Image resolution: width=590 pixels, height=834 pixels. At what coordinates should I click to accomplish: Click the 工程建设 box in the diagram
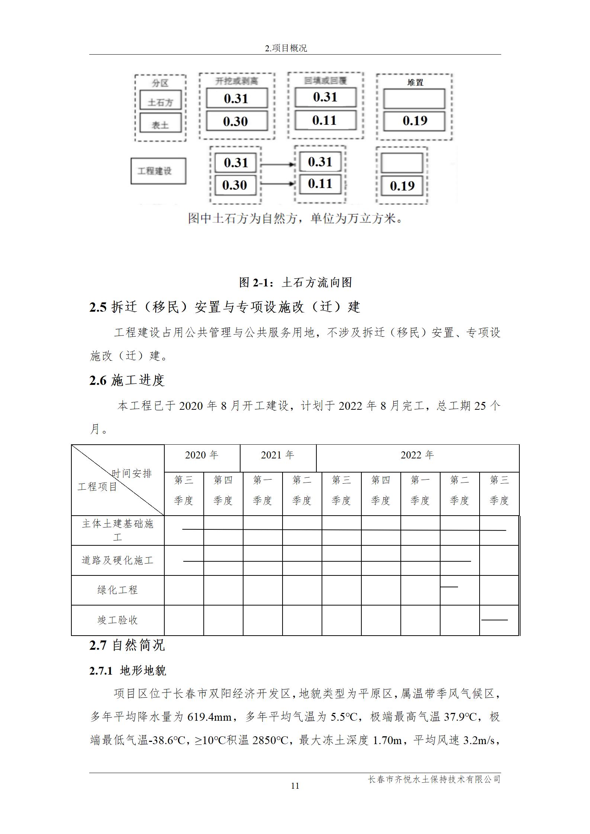[158, 171]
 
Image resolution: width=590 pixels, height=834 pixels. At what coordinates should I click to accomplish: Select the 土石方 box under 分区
[160, 100]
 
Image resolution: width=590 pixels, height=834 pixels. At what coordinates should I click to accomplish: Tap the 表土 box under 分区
[160, 123]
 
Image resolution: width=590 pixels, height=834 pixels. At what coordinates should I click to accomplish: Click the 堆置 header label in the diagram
[415, 82]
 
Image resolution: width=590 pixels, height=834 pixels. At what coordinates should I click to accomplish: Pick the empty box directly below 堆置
[414, 99]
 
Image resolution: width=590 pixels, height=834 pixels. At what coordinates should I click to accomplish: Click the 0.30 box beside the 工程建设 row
[235, 185]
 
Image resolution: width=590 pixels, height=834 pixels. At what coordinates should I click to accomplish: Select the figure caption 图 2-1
[295, 282]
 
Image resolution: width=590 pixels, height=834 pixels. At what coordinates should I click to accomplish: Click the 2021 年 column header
[277, 455]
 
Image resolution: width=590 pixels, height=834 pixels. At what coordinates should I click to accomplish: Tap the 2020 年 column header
[201, 455]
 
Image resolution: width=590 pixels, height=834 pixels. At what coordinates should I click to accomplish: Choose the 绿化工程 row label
[117, 590]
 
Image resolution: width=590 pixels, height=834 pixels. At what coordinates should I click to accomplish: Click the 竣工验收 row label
[117, 620]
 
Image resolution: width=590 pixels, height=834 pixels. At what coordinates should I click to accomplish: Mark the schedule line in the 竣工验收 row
[494, 620]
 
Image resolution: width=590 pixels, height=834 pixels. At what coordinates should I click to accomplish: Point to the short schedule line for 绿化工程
[449, 587]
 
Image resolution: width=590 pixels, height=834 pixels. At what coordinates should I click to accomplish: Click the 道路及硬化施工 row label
[117, 560]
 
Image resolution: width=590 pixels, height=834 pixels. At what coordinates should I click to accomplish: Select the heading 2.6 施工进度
[127, 380]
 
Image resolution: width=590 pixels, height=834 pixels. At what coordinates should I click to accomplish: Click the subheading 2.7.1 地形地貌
[128, 671]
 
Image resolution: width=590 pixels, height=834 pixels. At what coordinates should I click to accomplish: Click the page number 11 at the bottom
[295, 786]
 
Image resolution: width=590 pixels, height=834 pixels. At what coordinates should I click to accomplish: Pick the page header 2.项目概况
[286, 48]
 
